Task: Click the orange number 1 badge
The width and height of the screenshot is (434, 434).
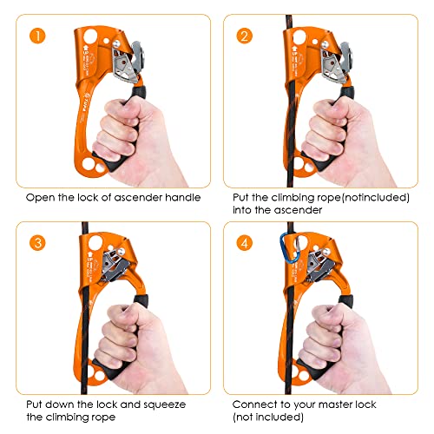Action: pyautogui.click(x=37, y=36)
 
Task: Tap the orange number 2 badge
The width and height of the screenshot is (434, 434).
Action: pyautogui.click(x=245, y=36)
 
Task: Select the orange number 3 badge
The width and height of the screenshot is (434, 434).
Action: pyautogui.click(x=37, y=242)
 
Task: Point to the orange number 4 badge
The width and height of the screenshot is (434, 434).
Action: pyautogui.click(x=245, y=242)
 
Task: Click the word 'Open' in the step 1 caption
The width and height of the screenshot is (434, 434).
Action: pyautogui.click(x=40, y=198)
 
